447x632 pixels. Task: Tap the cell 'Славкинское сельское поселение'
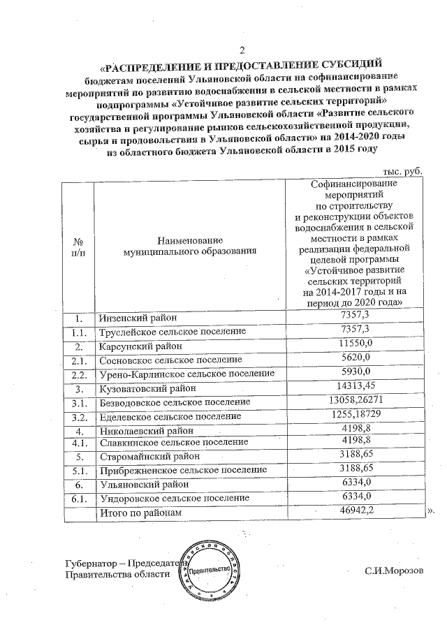[173, 443]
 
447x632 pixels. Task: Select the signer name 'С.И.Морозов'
[393, 573]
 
